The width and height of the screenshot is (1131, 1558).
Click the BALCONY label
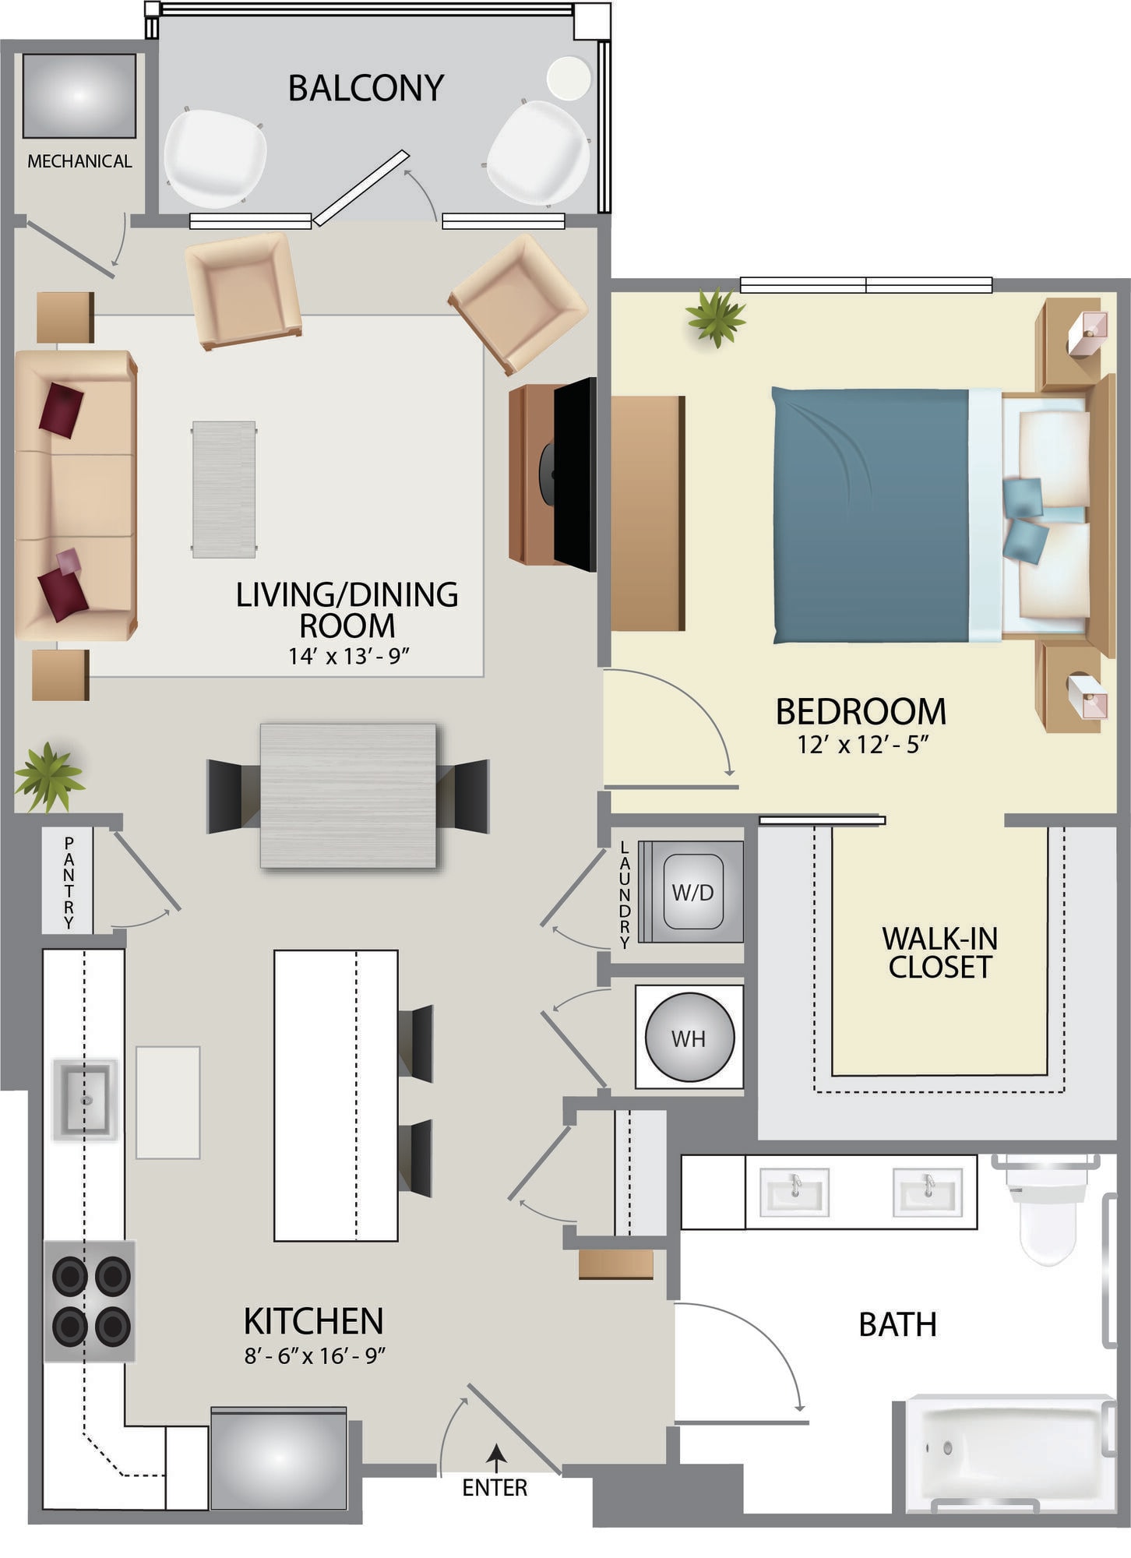(x=366, y=88)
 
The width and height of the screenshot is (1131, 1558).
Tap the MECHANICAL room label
(x=79, y=161)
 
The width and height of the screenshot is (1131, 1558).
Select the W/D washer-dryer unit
(x=692, y=892)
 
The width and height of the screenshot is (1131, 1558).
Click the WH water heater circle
(x=689, y=1037)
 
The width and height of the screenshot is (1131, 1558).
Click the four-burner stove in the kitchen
(x=90, y=1301)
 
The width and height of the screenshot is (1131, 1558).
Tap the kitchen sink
(x=85, y=1100)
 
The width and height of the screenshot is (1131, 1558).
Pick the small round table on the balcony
(x=569, y=78)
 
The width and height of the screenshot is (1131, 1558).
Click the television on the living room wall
(x=575, y=474)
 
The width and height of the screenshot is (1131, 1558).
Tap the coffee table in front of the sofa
(x=224, y=489)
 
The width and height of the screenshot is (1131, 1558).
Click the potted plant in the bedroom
(x=715, y=316)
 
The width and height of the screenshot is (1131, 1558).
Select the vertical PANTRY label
(x=69, y=883)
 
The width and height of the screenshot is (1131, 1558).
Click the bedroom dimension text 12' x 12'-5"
(x=863, y=745)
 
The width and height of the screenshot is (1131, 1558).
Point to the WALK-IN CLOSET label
(x=939, y=953)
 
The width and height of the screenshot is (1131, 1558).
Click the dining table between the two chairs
(x=348, y=796)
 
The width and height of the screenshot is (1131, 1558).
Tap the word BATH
(x=897, y=1325)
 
